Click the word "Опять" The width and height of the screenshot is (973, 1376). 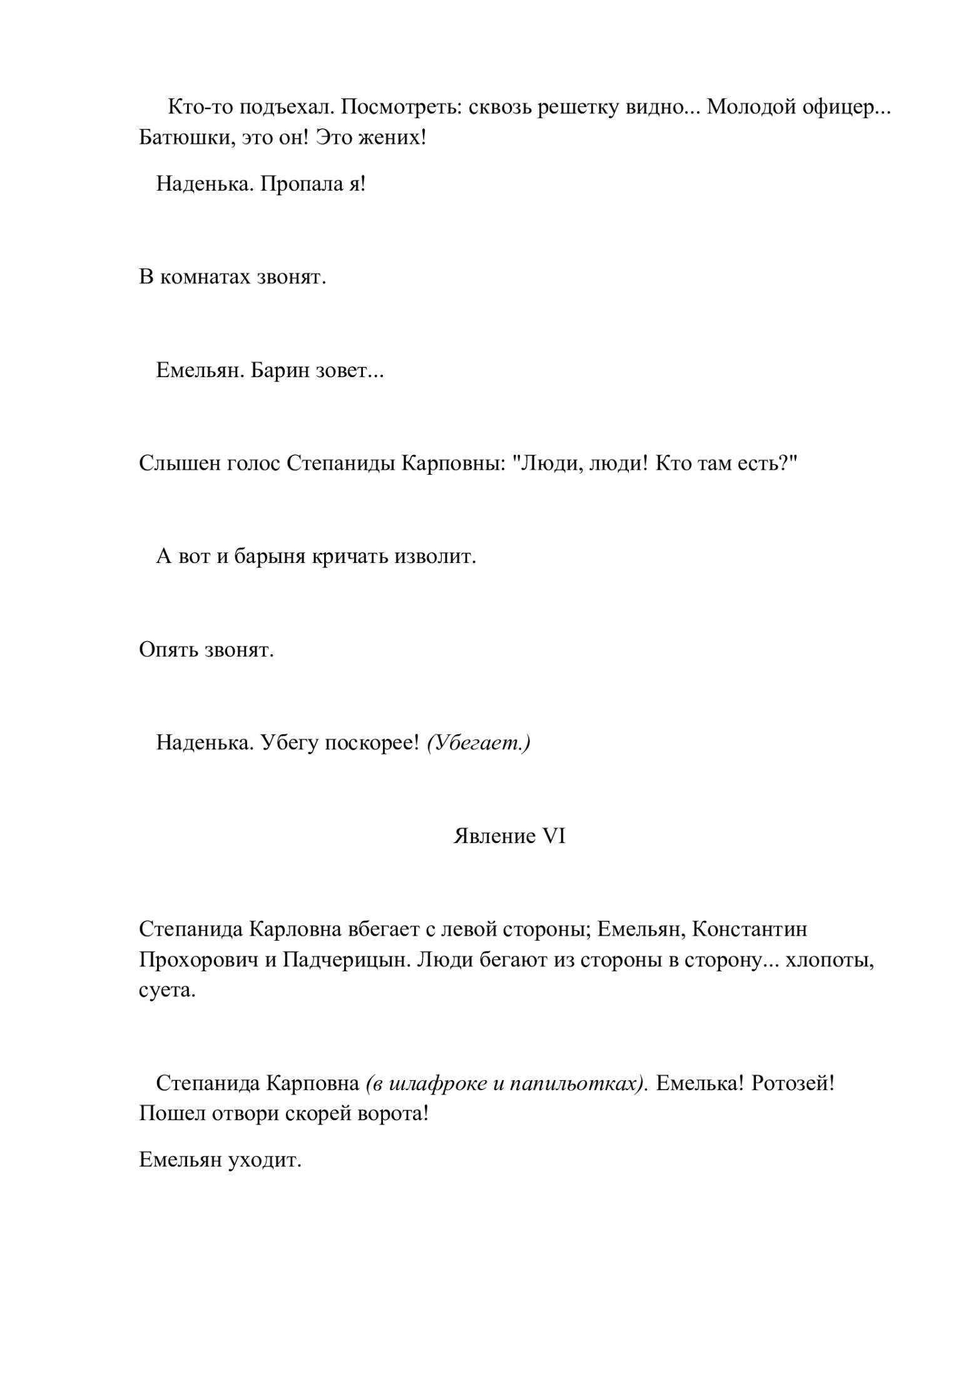pyautogui.click(x=168, y=650)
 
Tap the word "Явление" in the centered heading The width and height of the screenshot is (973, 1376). pyautogui.click(x=494, y=836)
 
